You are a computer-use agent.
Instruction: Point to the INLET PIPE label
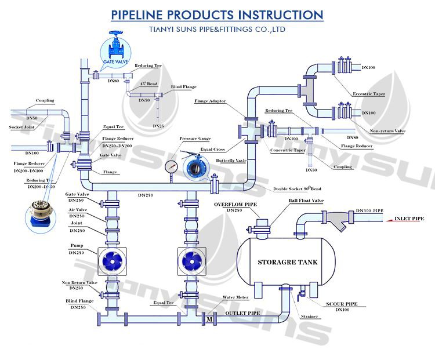coord(409,219)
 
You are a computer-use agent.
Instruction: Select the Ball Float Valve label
coord(307,201)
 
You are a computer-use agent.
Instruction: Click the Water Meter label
coord(236,297)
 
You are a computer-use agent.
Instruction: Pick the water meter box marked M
coord(209,319)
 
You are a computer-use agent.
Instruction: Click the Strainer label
coord(310,317)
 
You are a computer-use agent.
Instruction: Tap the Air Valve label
coord(77,209)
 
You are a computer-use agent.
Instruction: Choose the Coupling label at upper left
coord(45,100)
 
